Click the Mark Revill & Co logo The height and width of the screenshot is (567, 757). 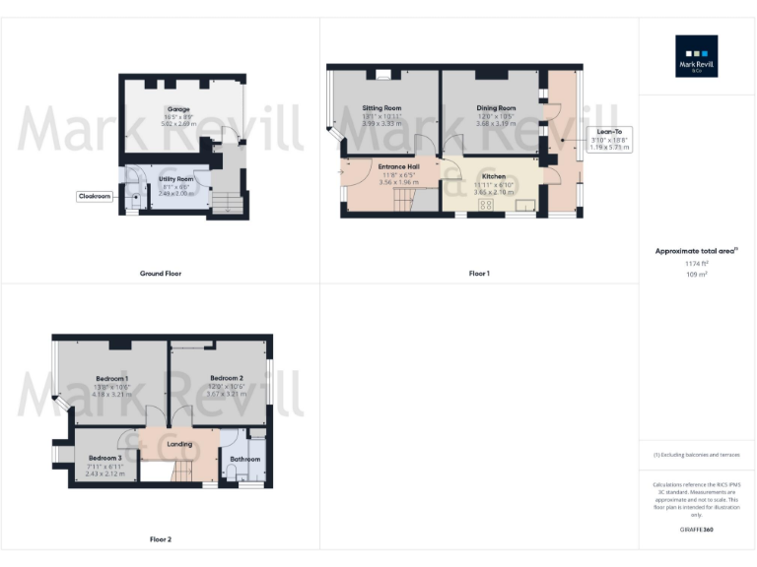click(x=696, y=56)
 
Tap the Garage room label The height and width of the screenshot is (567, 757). click(x=178, y=109)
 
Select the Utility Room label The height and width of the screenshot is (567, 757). click(x=177, y=179)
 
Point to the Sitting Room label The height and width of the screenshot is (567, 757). click(x=381, y=107)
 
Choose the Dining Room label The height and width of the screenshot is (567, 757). click(x=496, y=107)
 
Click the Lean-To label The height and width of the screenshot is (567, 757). click(x=608, y=131)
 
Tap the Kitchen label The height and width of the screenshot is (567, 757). click(x=493, y=176)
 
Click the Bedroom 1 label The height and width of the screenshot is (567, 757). click(x=111, y=378)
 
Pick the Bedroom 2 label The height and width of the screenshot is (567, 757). click(x=226, y=378)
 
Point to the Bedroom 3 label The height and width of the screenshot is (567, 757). click(x=104, y=458)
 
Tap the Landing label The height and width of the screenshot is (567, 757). click(x=179, y=444)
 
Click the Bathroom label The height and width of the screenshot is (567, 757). click(x=245, y=459)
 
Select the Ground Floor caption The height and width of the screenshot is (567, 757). click(x=160, y=273)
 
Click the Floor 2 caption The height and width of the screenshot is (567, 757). click(x=160, y=539)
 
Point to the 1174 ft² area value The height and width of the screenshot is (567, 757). click(x=696, y=264)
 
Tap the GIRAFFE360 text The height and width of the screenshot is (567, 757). click(x=696, y=530)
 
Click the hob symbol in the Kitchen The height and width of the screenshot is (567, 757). click(x=485, y=205)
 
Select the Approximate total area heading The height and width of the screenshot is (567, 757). click(x=696, y=252)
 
